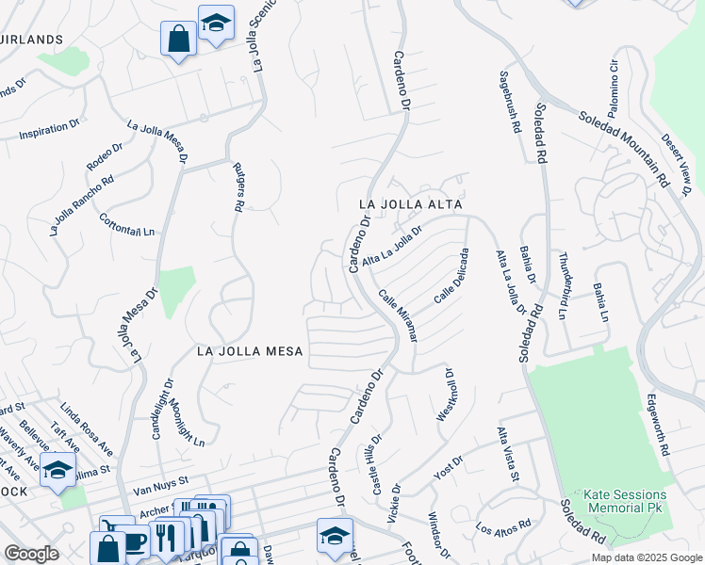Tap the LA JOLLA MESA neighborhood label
click(250, 351)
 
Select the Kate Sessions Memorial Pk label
click(625, 501)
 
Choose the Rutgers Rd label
click(239, 185)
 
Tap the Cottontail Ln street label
click(126, 224)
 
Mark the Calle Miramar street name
click(398, 315)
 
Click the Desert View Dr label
click(677, 163)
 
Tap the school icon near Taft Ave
click(57, 470)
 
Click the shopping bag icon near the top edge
click(178, 39)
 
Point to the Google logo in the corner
click(31, 554)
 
